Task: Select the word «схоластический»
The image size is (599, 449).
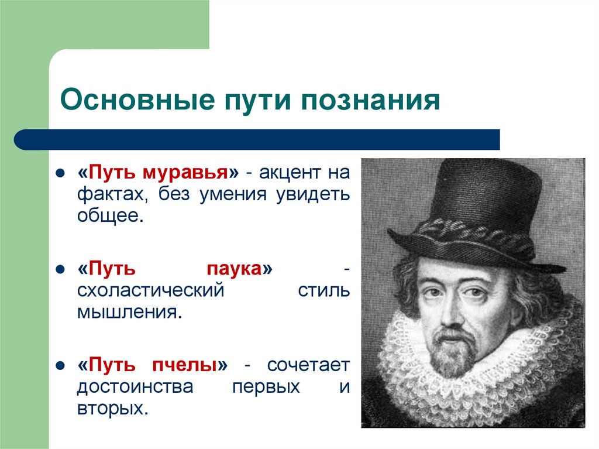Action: [x=150, y=290]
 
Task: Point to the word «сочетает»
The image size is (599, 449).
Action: [x=308, y=366]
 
